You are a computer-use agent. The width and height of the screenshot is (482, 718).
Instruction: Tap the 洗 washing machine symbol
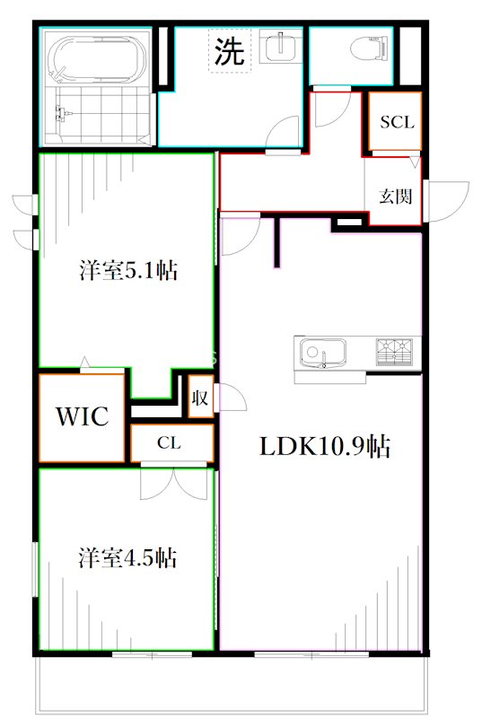[x=230, y=51]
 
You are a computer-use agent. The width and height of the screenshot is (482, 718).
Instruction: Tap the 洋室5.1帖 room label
[x=127, y=270]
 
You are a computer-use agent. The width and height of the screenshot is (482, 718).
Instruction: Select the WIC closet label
[x=83, y=416]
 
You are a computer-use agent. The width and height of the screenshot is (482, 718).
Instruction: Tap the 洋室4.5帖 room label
[x=127, y=557]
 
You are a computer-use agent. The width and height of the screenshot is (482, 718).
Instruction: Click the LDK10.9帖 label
[x=325, y=446]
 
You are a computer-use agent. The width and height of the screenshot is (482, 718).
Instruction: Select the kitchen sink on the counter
[x=321, y=353]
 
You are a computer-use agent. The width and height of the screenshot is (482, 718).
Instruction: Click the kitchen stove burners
[x=396, y=352]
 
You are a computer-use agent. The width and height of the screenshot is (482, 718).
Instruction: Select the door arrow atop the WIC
[x=84, y=363]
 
